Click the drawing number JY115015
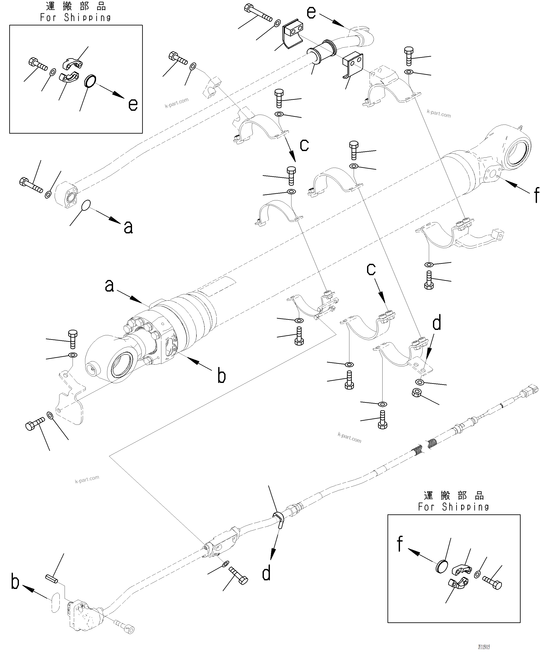484,647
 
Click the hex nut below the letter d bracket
417,393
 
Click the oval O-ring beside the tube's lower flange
86,205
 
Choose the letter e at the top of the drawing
311,12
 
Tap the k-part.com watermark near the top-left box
176,103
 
